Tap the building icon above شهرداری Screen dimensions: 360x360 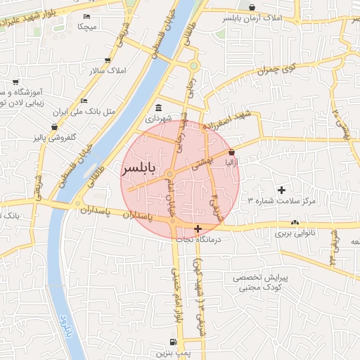[158, 108]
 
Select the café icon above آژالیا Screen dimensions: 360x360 [232, 152]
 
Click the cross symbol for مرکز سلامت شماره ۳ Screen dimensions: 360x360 [282, 190]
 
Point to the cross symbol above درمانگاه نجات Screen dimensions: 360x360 [198, 229]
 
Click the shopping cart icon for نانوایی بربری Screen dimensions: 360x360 [292, 223]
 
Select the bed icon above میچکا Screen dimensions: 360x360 [87, 16]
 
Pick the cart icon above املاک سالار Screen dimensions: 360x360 [107, 61]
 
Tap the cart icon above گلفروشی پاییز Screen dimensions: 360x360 [54, 127]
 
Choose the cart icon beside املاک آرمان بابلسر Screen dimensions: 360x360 [221, 14]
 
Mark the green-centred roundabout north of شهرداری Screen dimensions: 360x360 [193, 66]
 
